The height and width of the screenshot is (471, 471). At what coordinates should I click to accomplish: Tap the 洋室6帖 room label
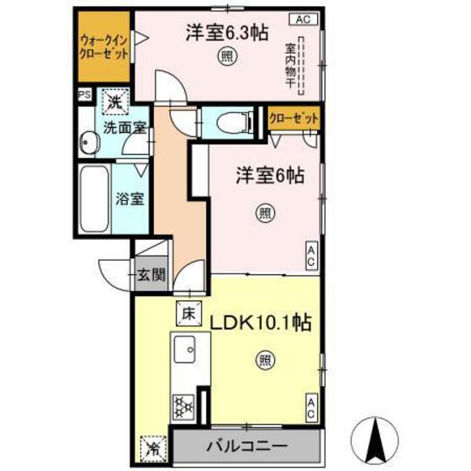click(268, 176)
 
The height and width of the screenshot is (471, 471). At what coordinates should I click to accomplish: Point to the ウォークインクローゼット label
click(104, 45)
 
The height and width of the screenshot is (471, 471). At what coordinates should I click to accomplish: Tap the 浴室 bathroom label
click(130, 199)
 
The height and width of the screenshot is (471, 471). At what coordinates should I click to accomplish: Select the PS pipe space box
click(84, 95)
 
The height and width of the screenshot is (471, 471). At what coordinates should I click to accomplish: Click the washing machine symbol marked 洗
click(115, 103)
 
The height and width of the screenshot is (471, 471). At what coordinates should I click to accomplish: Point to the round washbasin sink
click(89, 144)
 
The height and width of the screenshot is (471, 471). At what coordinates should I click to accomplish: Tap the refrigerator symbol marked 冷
click(152, 444)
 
